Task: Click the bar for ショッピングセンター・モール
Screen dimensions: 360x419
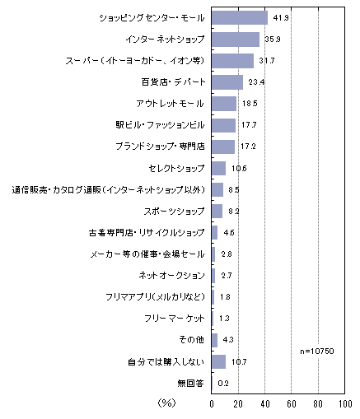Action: coord(240,18)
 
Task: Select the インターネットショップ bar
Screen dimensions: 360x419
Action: coord(236,40)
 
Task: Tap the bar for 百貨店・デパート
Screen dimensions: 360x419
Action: coord(227,82)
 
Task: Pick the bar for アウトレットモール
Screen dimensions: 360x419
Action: coord(224,104)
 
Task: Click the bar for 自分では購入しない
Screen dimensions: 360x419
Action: coord(218,362)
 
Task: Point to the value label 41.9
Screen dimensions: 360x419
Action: coord(281,18)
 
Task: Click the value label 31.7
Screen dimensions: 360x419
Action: coord(267,61)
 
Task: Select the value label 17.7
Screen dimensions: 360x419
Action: coord(249,125)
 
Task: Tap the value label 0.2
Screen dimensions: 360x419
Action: coord(223,384)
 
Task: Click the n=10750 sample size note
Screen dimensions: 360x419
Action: coord(317,351)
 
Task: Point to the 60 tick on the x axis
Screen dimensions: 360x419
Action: coord(292,403)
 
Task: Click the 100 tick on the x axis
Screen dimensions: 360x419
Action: coord(345,403)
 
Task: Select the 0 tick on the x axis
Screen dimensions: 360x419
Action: coord(212,403)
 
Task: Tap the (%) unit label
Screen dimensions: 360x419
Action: coord(166,403)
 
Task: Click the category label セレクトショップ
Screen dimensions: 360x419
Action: coord(176,168)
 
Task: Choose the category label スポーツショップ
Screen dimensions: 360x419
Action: coord(174,211)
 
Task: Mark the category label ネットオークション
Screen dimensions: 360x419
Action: coord(171,275)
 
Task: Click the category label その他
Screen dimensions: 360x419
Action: coord(191,340)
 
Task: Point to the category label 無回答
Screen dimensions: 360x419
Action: coord(191,383)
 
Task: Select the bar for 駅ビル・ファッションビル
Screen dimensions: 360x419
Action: coord(223,125)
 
